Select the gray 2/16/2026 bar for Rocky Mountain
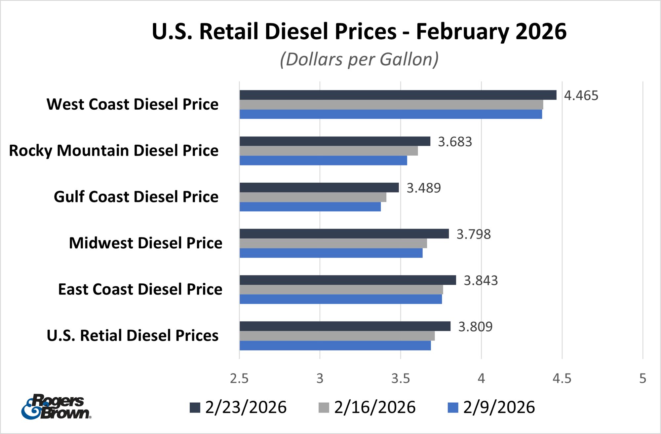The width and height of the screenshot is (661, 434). click(329, 151)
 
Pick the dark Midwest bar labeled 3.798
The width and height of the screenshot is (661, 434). click(344, 234)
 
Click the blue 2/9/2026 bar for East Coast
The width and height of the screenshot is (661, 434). click(340, 300)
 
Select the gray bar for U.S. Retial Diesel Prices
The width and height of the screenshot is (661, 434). click(337, 336)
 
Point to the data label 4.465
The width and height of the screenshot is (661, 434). click(581, 95)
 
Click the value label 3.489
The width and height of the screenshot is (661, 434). click(423, 188)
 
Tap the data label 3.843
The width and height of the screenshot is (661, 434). click(481, 280)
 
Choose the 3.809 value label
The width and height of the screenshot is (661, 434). click(475, 327)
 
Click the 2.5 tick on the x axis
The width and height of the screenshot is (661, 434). click(239, 379)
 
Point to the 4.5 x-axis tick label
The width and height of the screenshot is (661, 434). click(562, 379)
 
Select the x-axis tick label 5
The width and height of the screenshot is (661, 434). click(642, 379)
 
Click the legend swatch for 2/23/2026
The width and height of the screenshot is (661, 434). click(195, 408)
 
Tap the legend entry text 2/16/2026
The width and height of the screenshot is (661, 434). click(374, 407)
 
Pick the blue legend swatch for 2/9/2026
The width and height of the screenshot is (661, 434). click(453, 408)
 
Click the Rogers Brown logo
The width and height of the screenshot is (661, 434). click(56, 407)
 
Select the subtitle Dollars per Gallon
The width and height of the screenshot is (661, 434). click(359, 59)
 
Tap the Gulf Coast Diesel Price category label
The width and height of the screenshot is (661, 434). click(136, 197)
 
